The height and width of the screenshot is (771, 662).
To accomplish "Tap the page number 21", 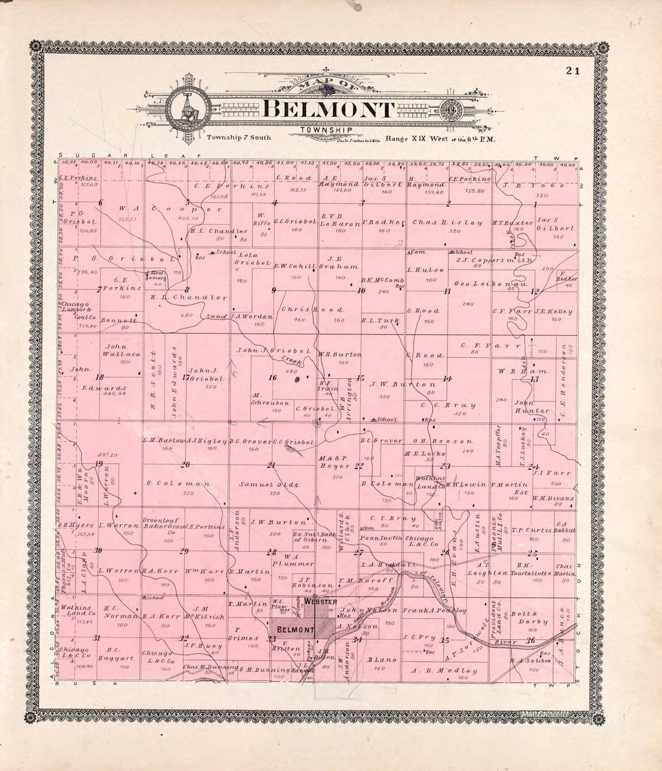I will coord(572,71).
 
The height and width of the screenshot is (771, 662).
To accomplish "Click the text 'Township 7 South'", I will coord(238,137).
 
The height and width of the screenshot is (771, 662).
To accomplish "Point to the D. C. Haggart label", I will coord(115,654).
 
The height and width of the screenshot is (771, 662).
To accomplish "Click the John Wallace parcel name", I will coord(123,351).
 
